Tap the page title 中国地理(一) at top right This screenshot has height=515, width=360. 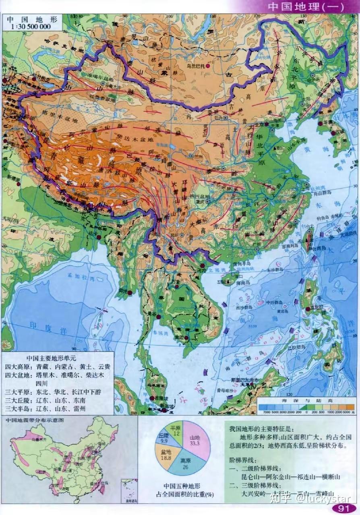(x=305, y=7)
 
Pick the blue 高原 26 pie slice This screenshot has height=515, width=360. (x=185, y=466)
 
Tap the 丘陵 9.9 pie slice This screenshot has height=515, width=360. (x=164, y=439)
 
